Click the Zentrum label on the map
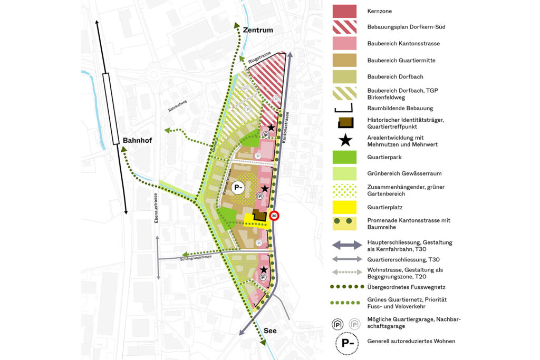click(258, 30)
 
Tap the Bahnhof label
click(137, 141)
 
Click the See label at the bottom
click(270, 331)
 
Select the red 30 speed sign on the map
click(274, 216)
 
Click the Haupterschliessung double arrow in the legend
click(348, 245)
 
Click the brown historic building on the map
click(259, 215)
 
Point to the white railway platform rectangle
click(110, 109)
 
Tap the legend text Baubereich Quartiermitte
click(401, 61)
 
